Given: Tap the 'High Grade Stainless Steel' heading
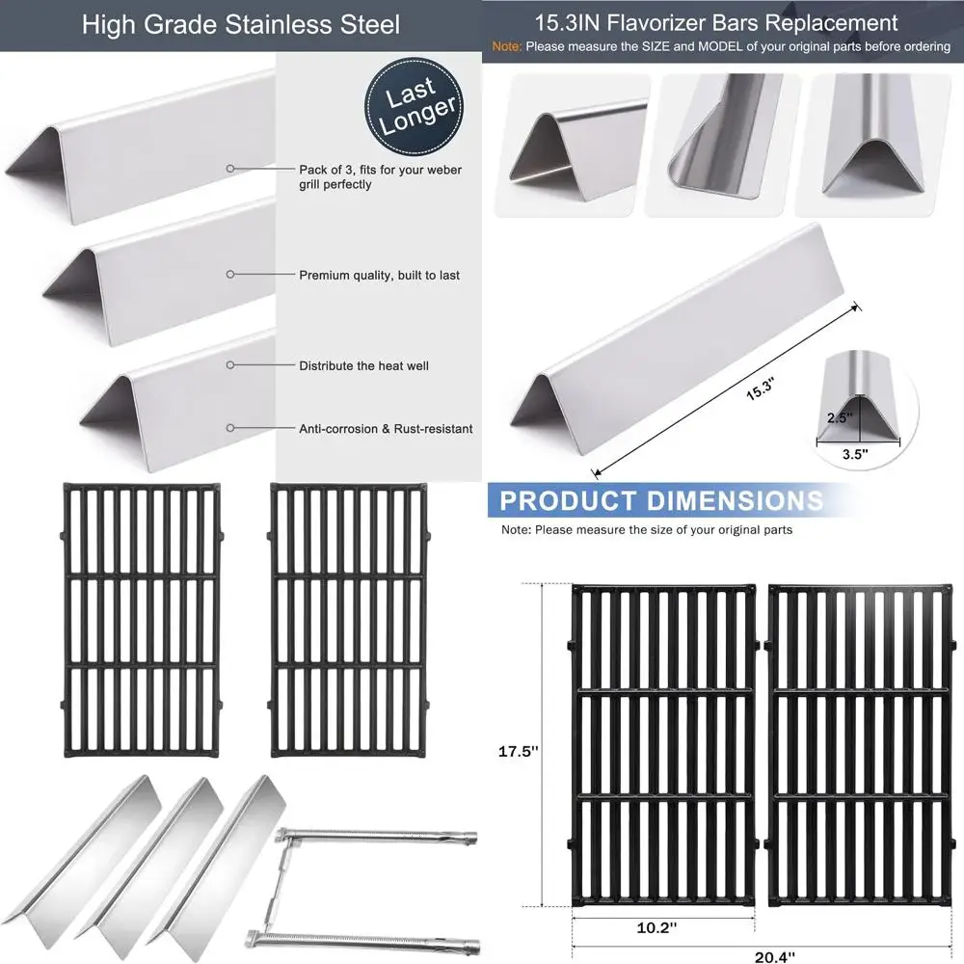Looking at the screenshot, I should [x=240, y=24].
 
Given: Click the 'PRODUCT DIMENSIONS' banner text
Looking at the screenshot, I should [x=660, y=500].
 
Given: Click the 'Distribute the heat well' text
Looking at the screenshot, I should [x=363, y=366].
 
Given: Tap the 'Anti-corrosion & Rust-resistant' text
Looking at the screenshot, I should [x=386, y=429].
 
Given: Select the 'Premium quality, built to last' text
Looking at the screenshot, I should [x=379, y=276].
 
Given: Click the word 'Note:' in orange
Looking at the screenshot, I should [x=509, y=46].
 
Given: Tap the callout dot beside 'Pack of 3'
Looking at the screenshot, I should [x=230, y=168].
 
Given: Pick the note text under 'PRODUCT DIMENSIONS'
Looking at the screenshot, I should [x=646, y=529].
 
